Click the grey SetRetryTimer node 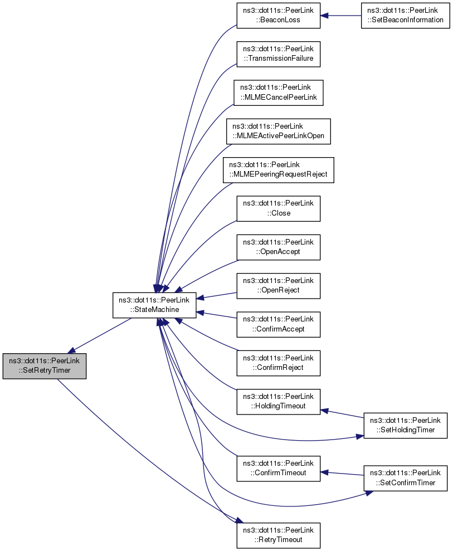(44, 366)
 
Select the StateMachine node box (154, 305)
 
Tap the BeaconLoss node (278, 16)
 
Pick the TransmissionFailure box (278, 54)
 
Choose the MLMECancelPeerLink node (278, 92)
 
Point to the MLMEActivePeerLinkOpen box (278, 131)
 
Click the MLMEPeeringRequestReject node (278, 170)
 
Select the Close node (278, 208)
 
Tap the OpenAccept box (278, 247)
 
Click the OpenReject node (278, 285)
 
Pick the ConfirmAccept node (278, 324)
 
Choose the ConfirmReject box (278, 362)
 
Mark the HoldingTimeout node (278, 401)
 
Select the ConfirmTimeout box (278, 468)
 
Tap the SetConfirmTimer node (405, 477)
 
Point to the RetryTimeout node (278, 534)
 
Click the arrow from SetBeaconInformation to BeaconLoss (341, 16)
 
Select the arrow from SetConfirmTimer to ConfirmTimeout (342, 474)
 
